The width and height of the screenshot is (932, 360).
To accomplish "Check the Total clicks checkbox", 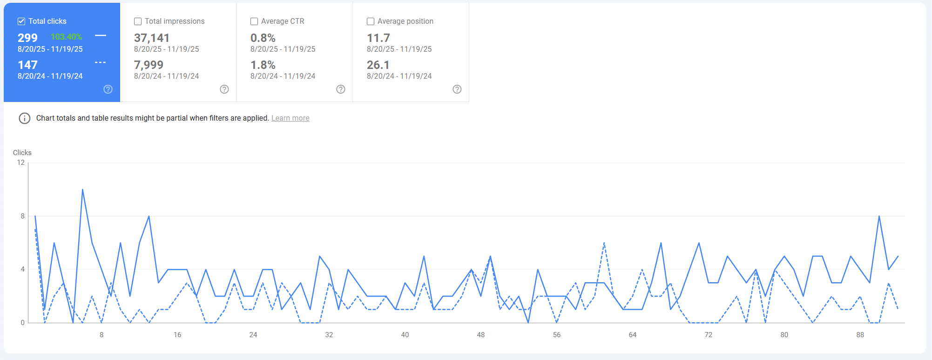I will click(x=21, y=21).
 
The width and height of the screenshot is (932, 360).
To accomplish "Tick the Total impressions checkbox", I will click(x=138, y=21).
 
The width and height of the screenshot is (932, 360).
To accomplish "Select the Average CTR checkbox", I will click(x=254, y=21).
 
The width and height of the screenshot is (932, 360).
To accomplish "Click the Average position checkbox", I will click(x=371, y=21).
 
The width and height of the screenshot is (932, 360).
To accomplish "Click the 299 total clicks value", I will click(x=27, y=38).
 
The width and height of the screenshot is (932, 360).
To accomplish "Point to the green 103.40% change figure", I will click(x=66, y=37).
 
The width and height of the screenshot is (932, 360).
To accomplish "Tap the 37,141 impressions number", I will click(x=152, y=38).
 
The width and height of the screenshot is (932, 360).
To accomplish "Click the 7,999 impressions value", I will click(x=149, y=65).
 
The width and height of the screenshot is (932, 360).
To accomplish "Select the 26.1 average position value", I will click(x=378, y=65).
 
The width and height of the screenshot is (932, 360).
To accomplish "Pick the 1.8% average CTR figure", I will click(x=263, y=65).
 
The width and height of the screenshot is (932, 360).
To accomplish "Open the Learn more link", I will click(x=290, y=118).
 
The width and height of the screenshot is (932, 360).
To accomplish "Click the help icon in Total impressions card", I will click(x=224, y=89).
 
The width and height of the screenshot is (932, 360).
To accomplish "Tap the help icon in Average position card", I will click(x=457, y=89).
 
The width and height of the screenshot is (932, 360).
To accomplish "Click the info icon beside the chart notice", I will click(x=25, y=118).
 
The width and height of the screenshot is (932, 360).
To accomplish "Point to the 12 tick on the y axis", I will click(x=21, y=163).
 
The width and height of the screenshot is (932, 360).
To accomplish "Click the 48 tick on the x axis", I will click(x=481, y=335).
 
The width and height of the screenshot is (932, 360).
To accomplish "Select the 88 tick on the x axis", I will click(x=860, y=335).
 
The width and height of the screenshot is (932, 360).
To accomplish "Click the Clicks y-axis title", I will click(x=22, y=153).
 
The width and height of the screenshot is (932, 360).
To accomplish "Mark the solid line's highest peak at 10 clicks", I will click(x=83, y=190).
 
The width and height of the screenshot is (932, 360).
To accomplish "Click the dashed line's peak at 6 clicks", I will click(x=604, y=243).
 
